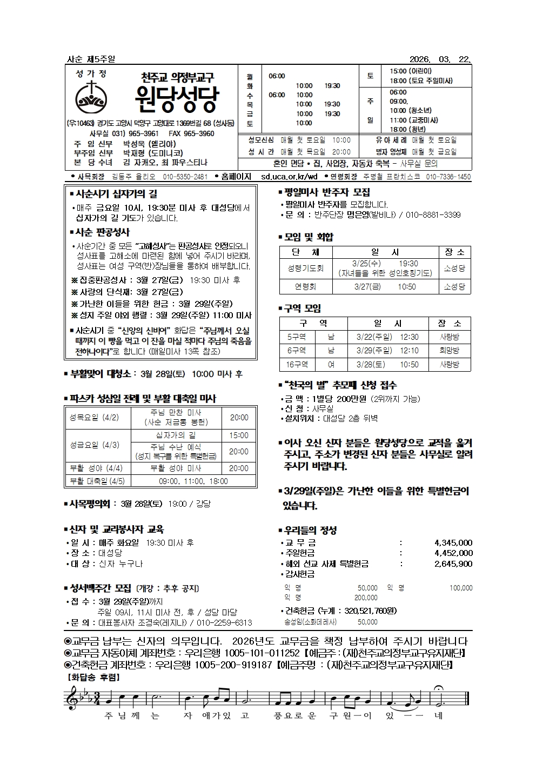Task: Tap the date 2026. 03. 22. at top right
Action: [440, 59]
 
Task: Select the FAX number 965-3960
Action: [198, 133]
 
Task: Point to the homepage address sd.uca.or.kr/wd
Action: [289, 177]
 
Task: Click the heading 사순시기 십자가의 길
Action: [116, 193]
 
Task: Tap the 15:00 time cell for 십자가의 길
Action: [239, 435]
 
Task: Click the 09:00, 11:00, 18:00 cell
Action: [193, 481]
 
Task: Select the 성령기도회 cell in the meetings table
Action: [306, 268]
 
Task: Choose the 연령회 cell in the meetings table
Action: [306, 287]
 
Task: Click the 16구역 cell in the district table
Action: [297, 364]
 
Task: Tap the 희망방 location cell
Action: [449, 351]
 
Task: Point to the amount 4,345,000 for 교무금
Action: [453, 542]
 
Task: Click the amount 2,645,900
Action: [453, 564]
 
